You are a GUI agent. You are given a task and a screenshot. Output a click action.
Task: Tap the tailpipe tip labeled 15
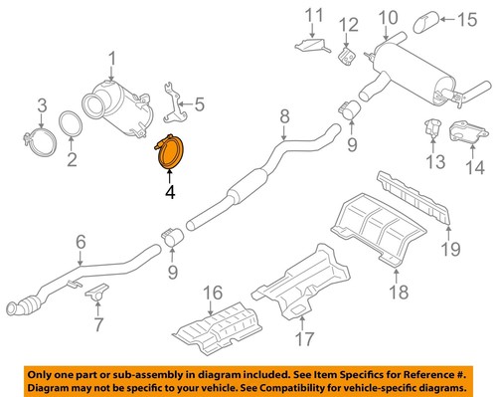pos(430,19)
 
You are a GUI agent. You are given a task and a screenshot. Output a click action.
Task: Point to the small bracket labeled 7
pos(96,294)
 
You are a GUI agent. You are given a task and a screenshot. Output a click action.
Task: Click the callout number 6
pos(81,241)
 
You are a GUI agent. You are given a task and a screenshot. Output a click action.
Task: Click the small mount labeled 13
pos(433,127)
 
